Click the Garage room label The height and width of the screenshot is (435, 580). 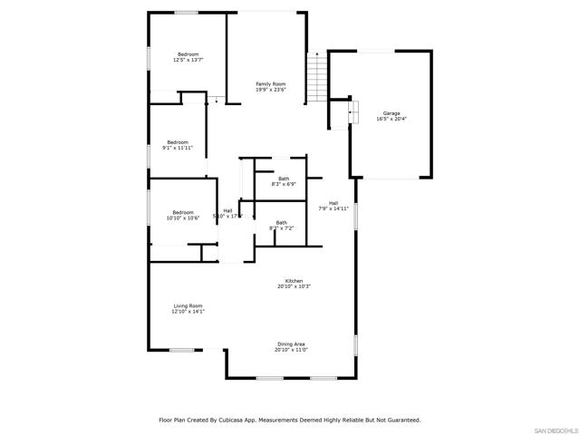[x=391, y=113]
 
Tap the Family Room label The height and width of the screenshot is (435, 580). [x=270, y=84]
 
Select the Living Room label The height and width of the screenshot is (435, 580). [x=188, y=306]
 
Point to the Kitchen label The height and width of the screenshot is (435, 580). [x=294, y=281]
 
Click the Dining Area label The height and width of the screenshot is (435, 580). [x=291, y=344]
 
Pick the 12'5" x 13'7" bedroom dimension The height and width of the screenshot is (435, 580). [x=188, y=60]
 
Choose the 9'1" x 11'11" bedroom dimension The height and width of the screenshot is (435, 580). [x=178, y=147]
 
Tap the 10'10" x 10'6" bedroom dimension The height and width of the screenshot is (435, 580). [x=183, y=217]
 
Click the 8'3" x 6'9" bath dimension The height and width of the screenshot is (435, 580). [x=284, y=184]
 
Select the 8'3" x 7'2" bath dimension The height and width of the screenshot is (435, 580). [x=282, y=228]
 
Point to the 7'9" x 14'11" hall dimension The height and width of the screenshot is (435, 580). [x=333, y=208]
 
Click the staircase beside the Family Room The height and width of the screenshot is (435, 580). [x=316, y=77]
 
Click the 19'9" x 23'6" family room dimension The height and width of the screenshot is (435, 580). [x=270, y=90]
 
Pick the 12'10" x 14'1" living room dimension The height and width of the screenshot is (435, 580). [x=188, y=312]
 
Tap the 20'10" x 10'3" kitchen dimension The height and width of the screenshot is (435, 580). [x=294, y=286]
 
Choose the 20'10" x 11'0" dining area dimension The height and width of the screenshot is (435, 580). [x=291, y=350]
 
